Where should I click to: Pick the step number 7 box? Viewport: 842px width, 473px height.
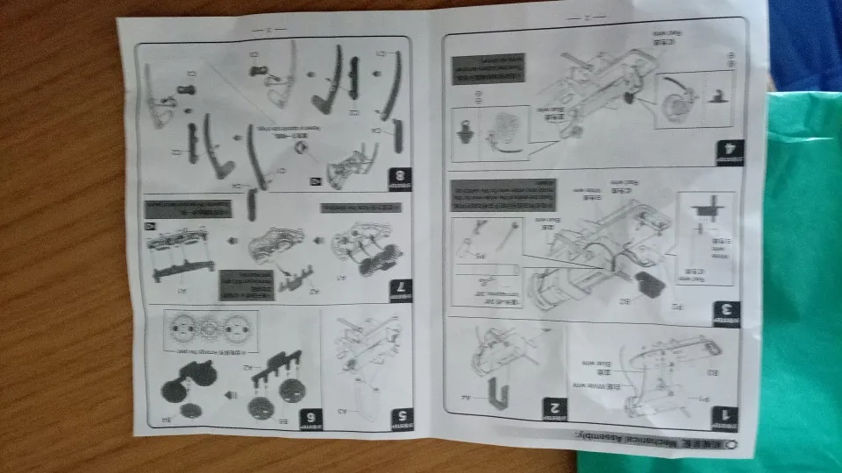click(401, 289)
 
